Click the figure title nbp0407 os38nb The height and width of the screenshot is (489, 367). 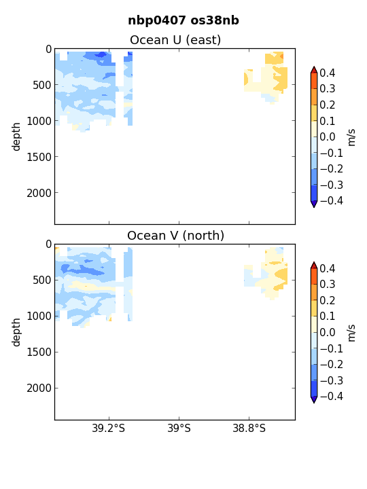183,20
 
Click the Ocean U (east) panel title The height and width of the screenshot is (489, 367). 175,40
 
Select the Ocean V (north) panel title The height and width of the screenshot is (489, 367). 176,236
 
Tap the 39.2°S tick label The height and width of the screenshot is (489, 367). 108,428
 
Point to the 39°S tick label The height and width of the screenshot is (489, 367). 179,428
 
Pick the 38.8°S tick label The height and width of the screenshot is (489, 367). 249,428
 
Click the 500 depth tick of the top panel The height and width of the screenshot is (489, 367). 42,85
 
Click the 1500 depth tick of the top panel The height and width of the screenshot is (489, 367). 39,157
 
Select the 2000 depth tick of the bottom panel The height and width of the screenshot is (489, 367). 39,388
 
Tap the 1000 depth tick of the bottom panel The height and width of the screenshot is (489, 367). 39,316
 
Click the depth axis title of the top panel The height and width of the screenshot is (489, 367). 16,137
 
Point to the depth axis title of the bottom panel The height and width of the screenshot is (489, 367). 16,332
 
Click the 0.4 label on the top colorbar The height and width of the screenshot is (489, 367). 328,73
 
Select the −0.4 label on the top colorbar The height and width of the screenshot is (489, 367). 332,200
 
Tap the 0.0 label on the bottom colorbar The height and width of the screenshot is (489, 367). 328,332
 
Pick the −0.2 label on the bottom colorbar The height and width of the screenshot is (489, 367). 332,365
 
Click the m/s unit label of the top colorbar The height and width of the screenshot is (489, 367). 351,137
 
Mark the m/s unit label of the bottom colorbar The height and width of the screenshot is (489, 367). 351,333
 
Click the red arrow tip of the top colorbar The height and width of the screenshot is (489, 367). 314,67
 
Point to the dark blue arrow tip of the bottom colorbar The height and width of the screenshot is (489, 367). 314,403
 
